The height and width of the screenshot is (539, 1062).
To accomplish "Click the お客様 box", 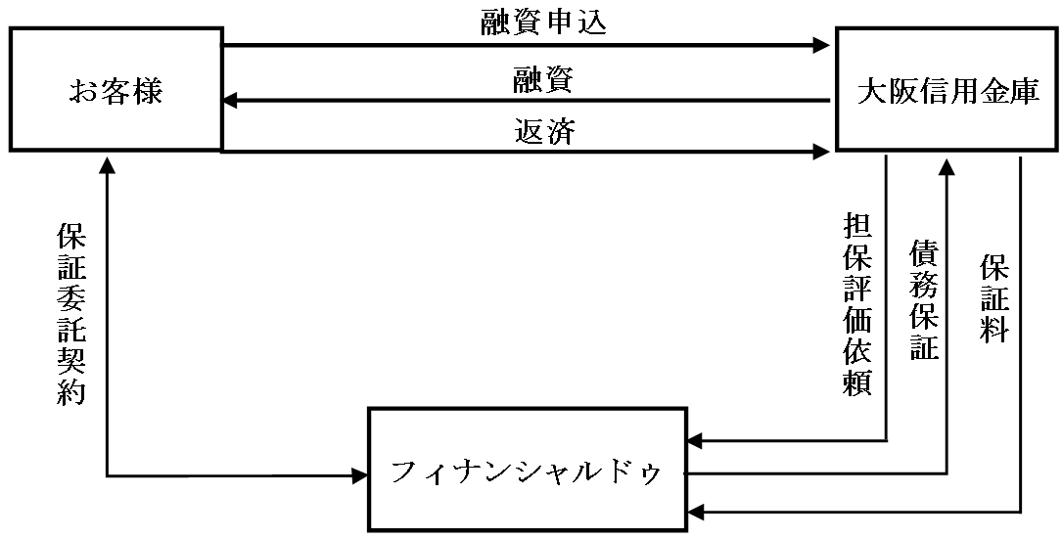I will (x=115, y=90).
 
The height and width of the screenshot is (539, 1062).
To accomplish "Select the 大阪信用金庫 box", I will (x=947, y=90).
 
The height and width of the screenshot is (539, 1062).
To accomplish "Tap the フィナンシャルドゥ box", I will (x=527, y=471).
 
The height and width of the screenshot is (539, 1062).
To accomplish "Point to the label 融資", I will (x=543, y=80).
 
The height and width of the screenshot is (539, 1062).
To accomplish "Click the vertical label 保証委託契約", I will (x=71, y=314).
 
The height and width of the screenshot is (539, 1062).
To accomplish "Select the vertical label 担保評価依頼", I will (x=858, y=302).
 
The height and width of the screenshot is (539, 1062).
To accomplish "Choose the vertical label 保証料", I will (x=994, y=299).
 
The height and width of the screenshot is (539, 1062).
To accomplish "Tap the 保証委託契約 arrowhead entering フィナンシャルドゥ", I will (x=358, y=476).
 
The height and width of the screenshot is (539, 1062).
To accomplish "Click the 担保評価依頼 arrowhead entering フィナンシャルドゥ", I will (x=695, y=442).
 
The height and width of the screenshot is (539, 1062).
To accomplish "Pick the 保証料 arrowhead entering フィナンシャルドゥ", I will (x=695, y=512).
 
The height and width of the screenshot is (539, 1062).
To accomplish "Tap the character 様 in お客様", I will (x=146, y=92).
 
